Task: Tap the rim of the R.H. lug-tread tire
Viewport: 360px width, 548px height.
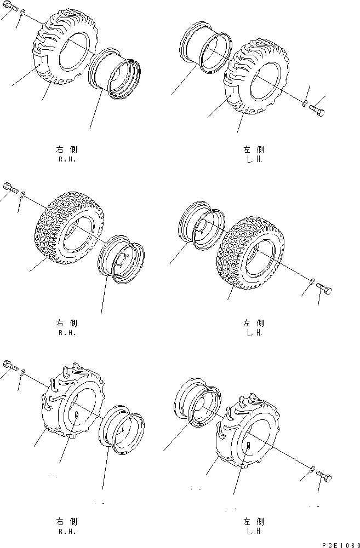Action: tap(116, 74)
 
